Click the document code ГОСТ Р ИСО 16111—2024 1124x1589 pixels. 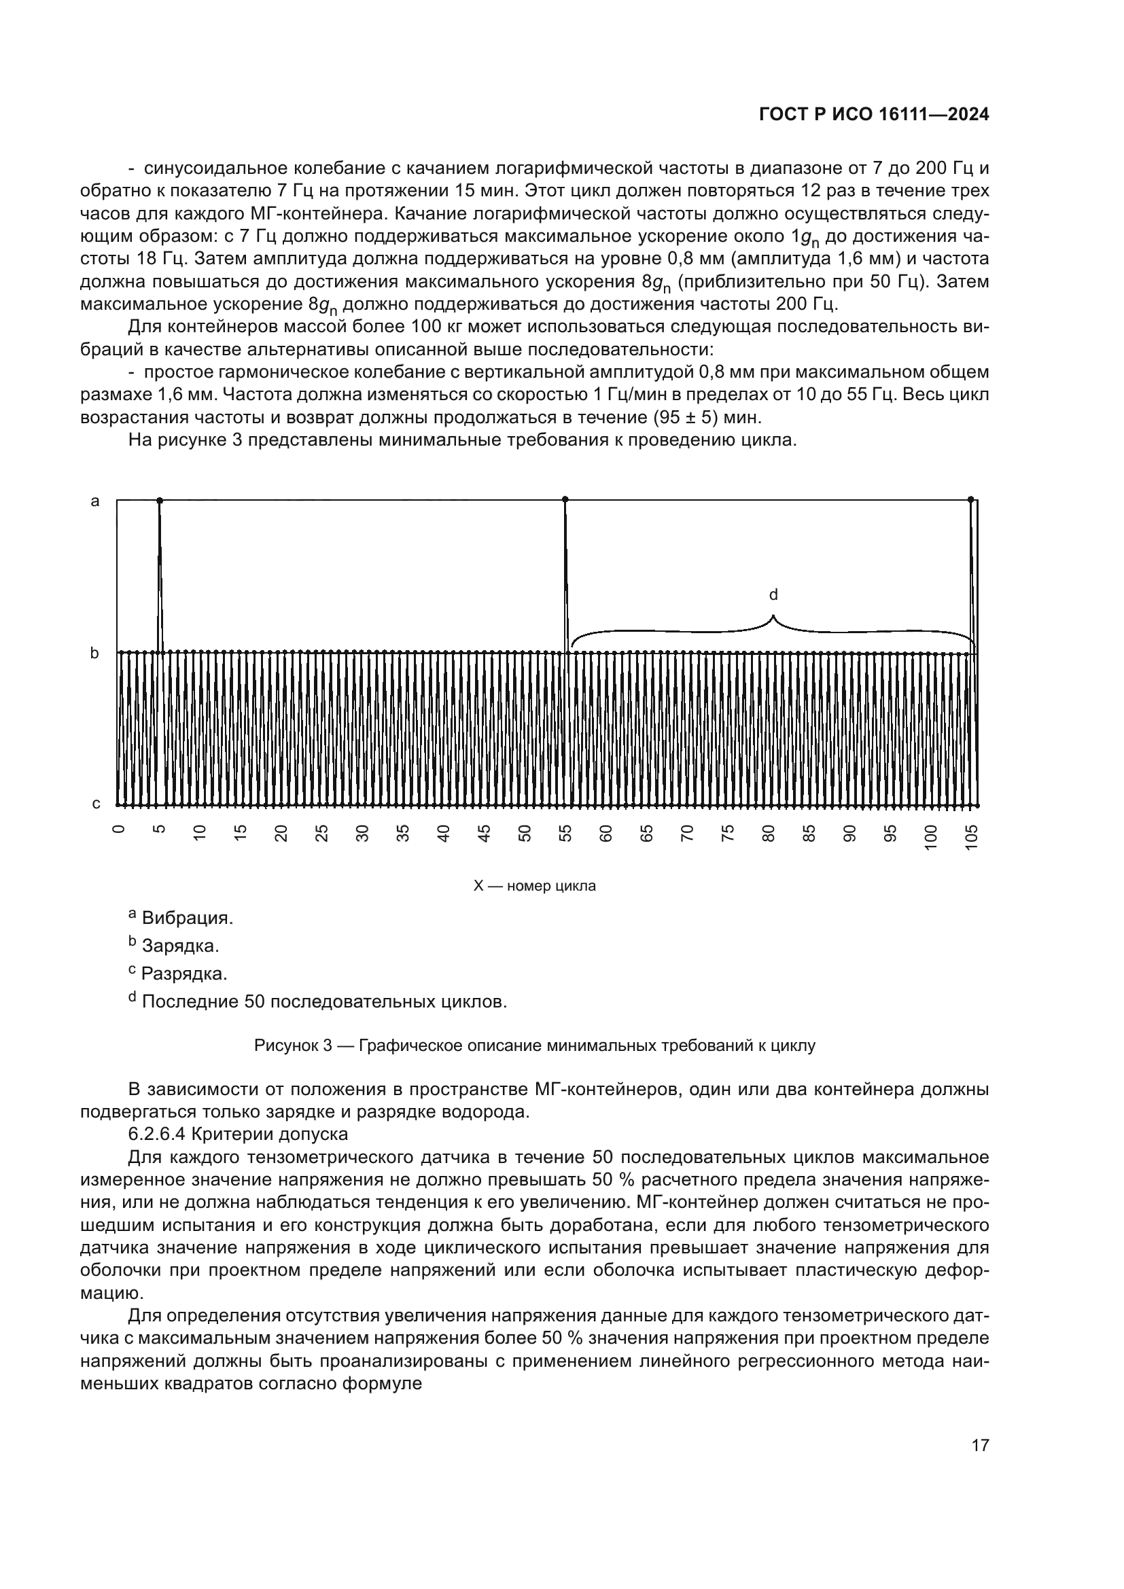[x=873, y=115]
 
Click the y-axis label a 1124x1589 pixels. [x=96, y=501]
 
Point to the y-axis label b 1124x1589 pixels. [x=96, y=653]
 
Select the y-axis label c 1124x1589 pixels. [x=96, y=804]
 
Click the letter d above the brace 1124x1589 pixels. [x=774, y=594]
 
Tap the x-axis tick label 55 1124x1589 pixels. [x=565, y=834]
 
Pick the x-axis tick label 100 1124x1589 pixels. [x=931, y=837]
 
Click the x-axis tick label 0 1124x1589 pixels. [x=119, y=829]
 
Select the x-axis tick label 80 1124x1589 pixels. [x=769, y=834]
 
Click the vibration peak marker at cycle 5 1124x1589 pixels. [x=160, y=500]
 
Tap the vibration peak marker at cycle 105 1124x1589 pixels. [x=970, y=499]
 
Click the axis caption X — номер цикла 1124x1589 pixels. [x=534, y=886]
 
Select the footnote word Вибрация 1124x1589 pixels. [x=187, y=918]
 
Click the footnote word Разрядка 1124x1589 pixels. [x=184, y=974]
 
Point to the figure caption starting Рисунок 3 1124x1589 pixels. [x=534, y=1045]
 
